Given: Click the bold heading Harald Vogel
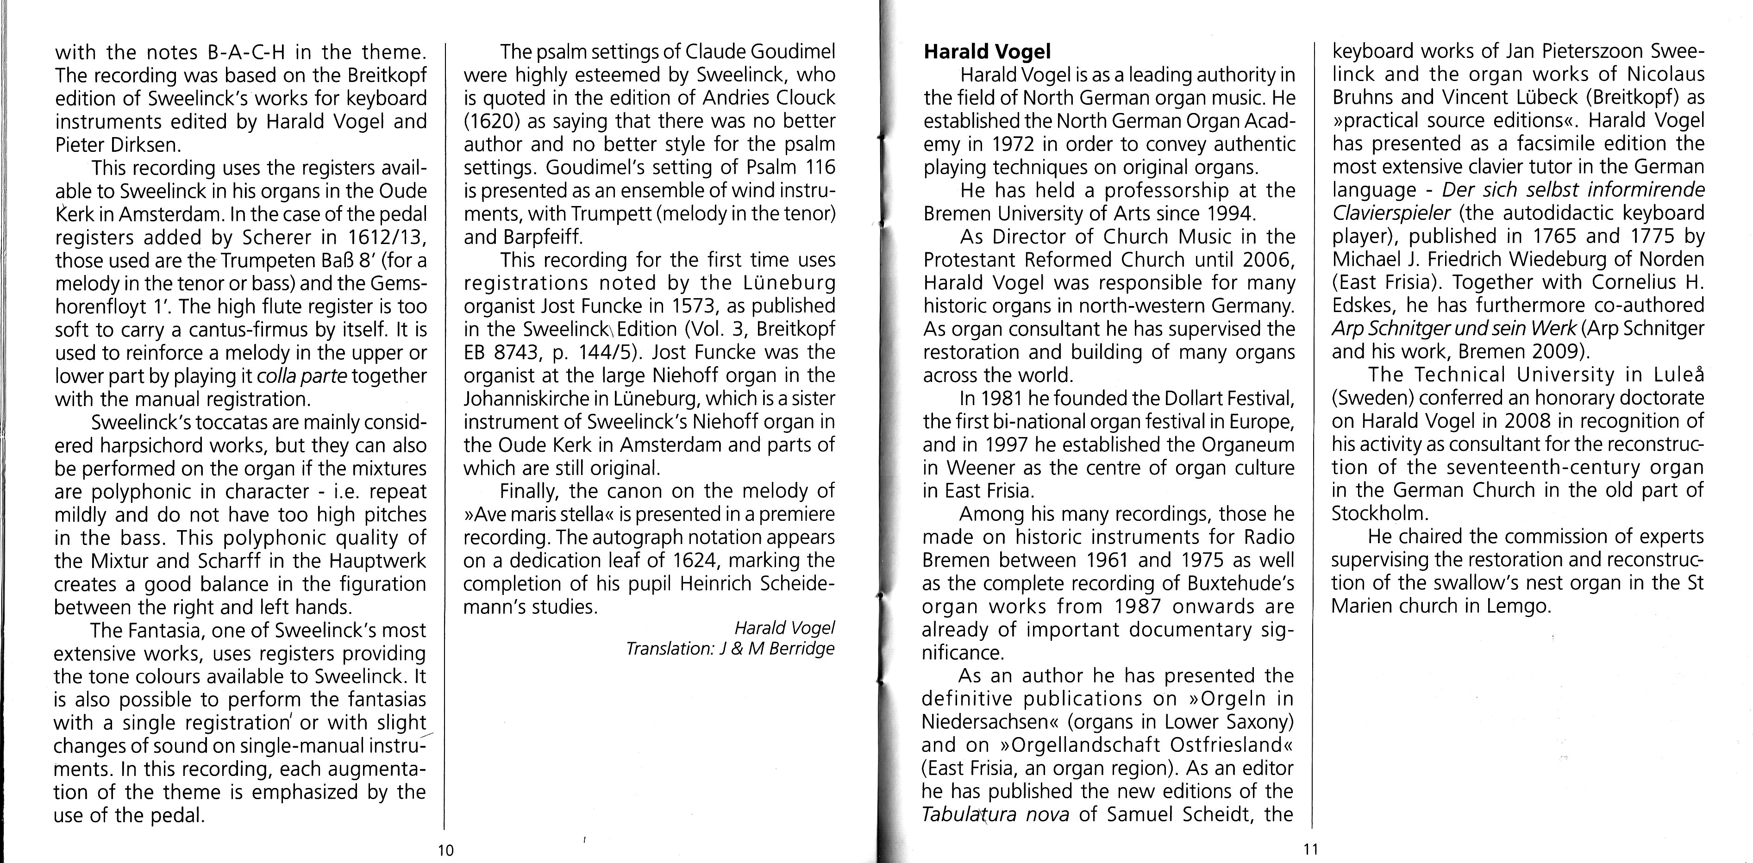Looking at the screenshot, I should pos(987,52).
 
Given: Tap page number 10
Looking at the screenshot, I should pos(446,850).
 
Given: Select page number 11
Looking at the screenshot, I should pos(1311,850).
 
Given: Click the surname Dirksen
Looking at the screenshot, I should pos(142,145).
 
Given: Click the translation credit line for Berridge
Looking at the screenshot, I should pos(730,649).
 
